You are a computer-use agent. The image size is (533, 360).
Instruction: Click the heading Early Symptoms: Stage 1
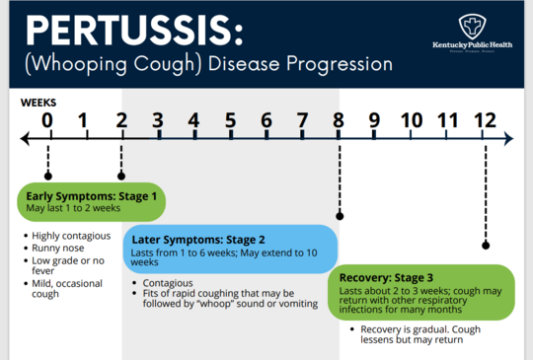pyautogui.click(x=91, y=196)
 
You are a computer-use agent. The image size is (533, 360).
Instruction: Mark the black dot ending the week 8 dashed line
pyautogui.click(x=340, y=214)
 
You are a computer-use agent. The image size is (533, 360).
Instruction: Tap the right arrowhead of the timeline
pyautogui.click(x=508, y=140)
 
